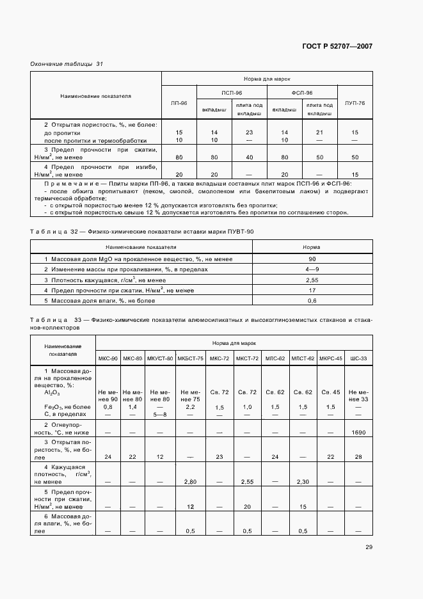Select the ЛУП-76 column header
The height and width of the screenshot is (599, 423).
[355, 102]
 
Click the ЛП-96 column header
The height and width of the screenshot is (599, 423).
[179, 102]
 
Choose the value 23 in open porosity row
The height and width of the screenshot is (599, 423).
[249, 132]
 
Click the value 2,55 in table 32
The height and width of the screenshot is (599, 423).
[312, 280]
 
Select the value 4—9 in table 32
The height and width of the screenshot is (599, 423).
[312, 269]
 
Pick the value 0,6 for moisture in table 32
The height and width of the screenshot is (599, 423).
[312, 301]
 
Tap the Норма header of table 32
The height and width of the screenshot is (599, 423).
[312, 246]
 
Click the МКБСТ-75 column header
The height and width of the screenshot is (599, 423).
[190, 358]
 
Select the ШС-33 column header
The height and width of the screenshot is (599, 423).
[359, 358]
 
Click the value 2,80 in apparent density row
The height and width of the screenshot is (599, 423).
[190, 481]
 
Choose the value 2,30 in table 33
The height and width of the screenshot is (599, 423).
[303, 481]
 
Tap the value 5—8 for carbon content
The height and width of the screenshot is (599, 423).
[161, 415]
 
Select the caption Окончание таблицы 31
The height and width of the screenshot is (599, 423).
[67, 64]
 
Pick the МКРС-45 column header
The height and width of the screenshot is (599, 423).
[331, 358]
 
